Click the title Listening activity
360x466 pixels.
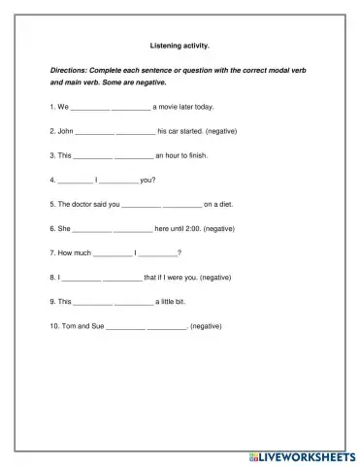coord(180,45)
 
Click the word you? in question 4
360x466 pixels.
coord(147,180)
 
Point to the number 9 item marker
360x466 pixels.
coord(52,301)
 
